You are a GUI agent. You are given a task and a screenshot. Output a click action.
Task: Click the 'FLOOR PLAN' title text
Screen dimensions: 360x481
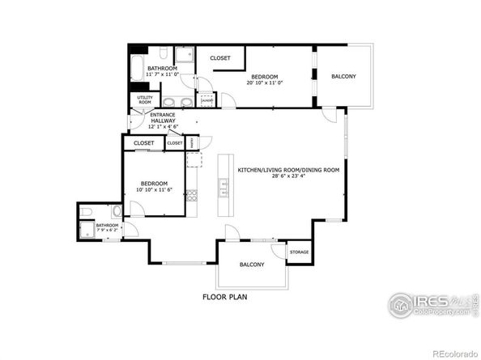tap(224, 297)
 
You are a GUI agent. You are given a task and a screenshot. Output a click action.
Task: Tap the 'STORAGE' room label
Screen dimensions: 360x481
tap(299, 252)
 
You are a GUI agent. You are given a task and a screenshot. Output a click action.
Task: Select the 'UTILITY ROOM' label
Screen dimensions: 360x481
tap(145, 100)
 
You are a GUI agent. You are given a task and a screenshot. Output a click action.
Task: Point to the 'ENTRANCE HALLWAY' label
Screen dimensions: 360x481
tap(162, 118)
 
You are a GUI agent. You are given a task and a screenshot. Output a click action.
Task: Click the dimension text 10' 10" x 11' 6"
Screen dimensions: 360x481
tap(160, 190)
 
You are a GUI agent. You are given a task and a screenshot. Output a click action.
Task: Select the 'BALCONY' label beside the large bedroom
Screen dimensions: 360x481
tap(343, 76)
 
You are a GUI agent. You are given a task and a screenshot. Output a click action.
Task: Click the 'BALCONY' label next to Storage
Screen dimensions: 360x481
tap(251, 265)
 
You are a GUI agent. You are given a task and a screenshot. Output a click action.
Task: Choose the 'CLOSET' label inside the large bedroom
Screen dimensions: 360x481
tap(220, 58)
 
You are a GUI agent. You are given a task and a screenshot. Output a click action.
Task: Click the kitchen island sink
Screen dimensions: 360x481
tap(223, 188)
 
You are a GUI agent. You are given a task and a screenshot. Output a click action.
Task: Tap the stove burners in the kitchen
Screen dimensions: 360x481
tap(192, 195)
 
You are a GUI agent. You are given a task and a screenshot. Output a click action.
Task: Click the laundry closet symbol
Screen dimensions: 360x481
tap(206, 100)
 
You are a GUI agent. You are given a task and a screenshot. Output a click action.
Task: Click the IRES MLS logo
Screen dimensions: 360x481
tap(429, 305)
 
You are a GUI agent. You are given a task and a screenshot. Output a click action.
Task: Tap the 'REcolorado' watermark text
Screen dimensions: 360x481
tap(453, 353)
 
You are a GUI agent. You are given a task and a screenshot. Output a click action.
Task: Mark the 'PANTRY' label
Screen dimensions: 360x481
tap(192, 142)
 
